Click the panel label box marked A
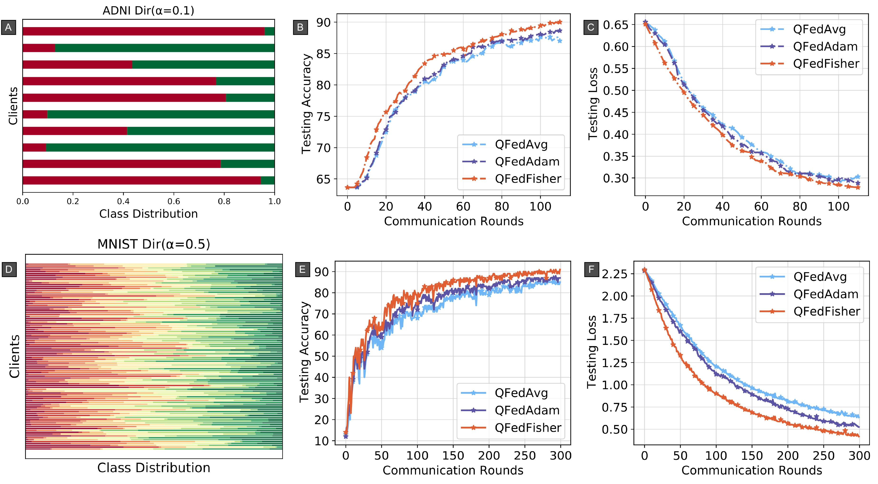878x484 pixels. [x=9, y=27]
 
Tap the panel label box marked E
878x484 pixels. [x=302, y=270]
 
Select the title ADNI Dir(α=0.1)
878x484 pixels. [x=148, y=10]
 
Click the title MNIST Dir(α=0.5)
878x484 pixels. [x=153, y=244]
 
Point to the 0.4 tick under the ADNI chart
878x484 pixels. [x=123, y=201]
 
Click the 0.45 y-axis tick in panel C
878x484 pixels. [x=616, y=112]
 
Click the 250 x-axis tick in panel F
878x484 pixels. [x=823, y=456]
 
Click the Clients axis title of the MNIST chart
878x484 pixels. [x=14, y=356]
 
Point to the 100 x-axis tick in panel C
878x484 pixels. [x=839, y=206]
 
